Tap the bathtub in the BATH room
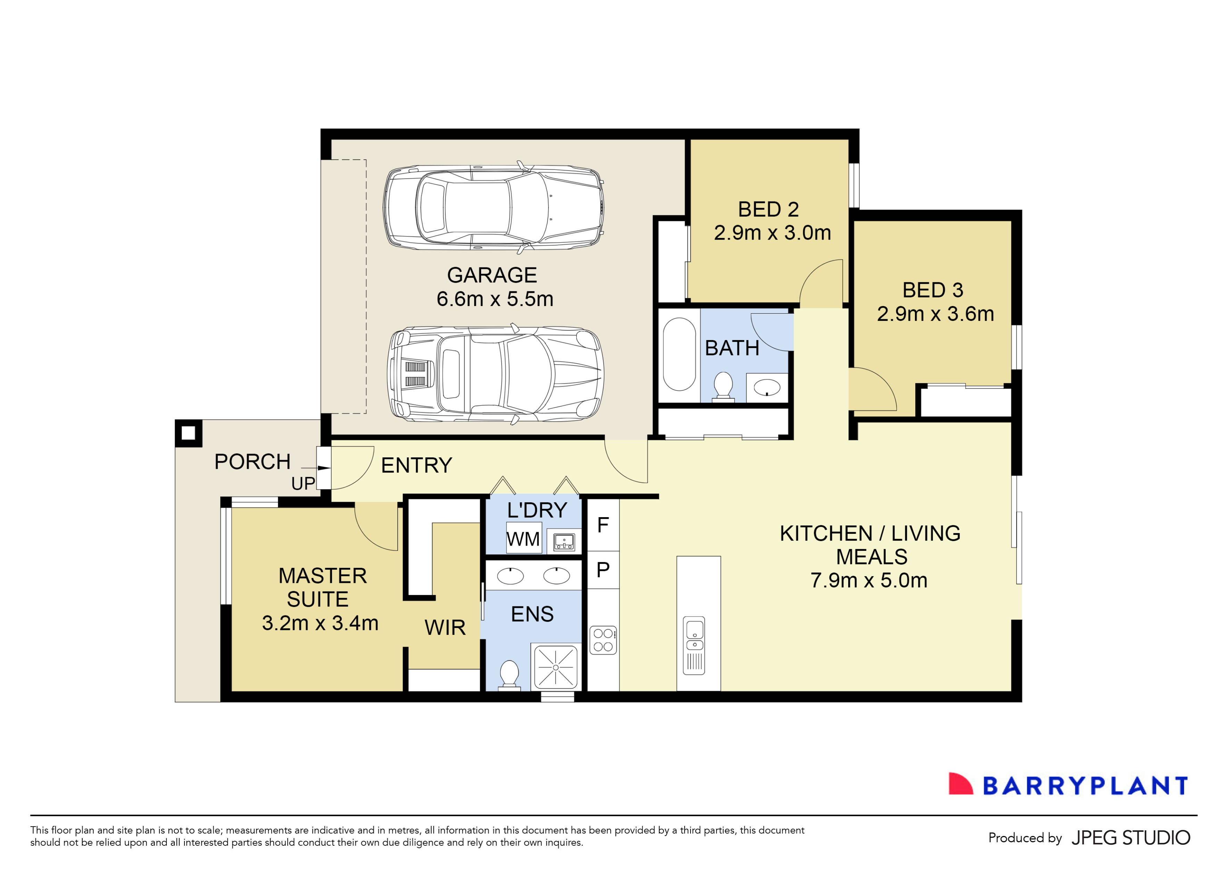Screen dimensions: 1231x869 (x=679, y=354)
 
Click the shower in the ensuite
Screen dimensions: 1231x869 (x=555, y=667)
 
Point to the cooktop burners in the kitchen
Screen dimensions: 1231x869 (x=603, y=640)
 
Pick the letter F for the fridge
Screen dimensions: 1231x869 (x=603, y=525)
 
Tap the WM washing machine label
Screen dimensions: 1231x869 (x=523, y=539)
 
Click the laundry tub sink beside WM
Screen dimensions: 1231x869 (x=564, y=541)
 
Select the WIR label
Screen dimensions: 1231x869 (x=445, y=627)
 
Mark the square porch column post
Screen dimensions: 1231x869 (x=188, y=433)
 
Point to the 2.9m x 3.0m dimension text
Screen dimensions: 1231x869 (x=772, y=233)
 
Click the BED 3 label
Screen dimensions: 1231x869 (x=933, y=290)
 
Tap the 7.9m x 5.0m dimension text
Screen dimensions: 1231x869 (x=869, y=580)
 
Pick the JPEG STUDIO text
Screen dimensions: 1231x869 (x=1131, y=837)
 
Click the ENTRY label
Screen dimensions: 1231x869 (x=416, y=465)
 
